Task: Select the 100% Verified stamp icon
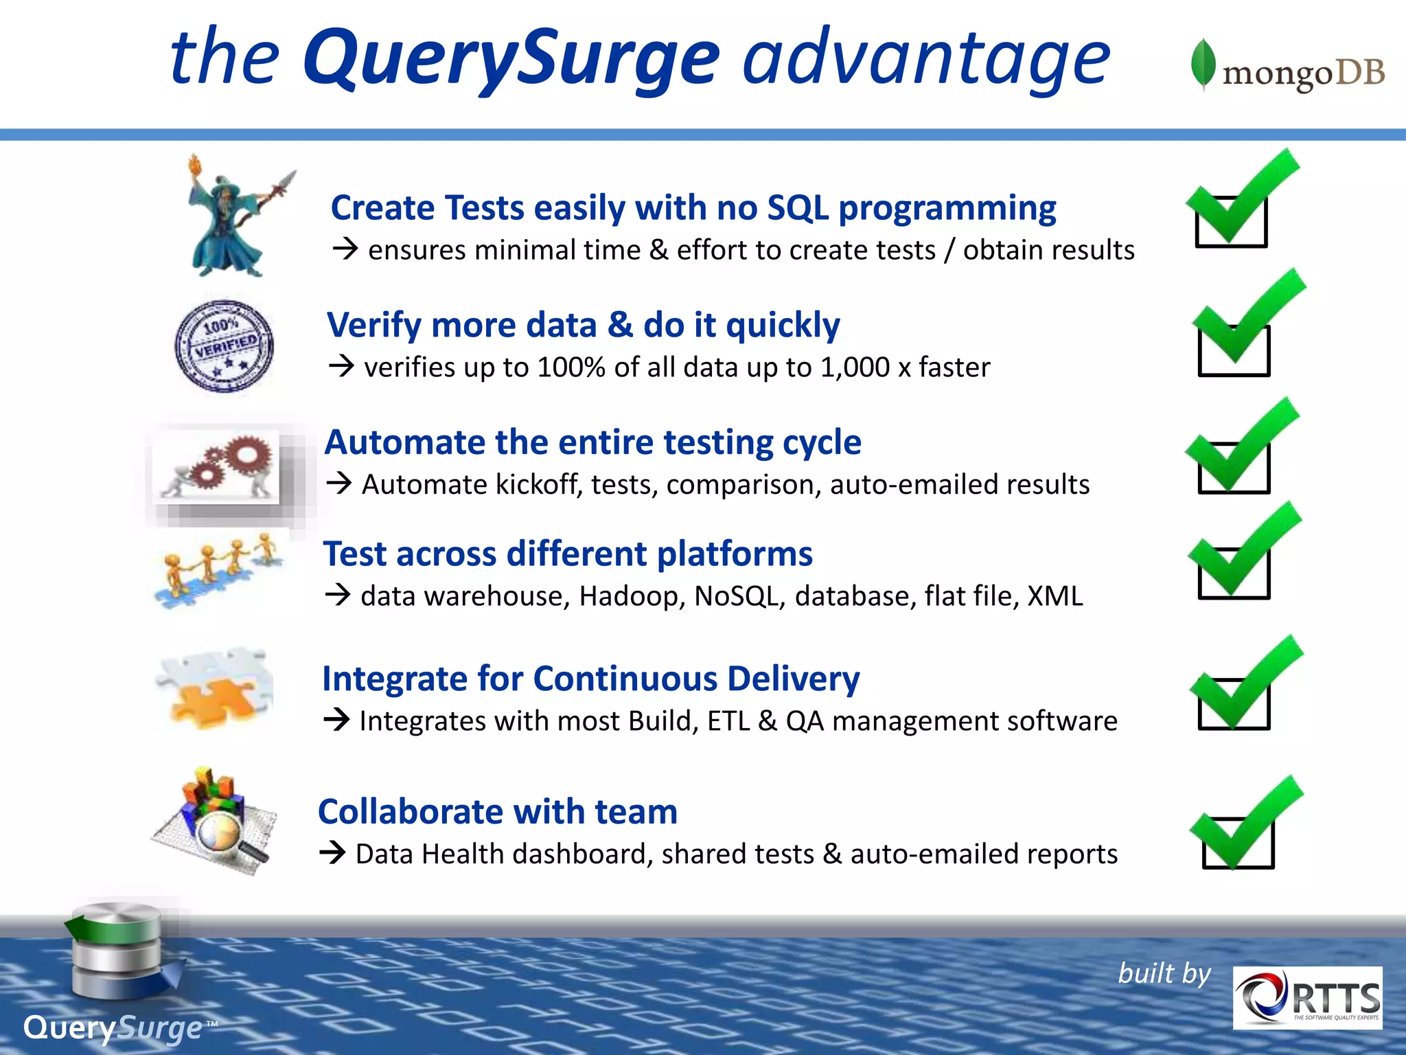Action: [224, 346]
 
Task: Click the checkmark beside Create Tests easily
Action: [1236, 203]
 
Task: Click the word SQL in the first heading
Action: [797, 207]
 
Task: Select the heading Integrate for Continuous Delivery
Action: [590, 679]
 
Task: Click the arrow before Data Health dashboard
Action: [333, 854]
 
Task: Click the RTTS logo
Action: [1307, 997]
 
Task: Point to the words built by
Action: [1164, 973]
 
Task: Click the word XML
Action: [1054, 596]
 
